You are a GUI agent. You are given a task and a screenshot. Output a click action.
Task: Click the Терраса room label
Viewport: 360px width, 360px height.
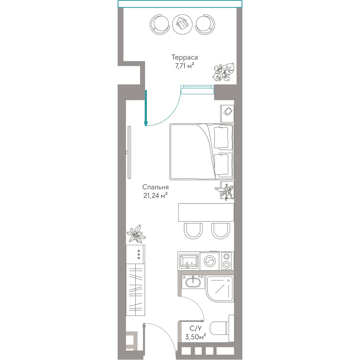point(184,57)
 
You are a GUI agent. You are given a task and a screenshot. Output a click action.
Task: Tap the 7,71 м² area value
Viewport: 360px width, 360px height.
point(185,66)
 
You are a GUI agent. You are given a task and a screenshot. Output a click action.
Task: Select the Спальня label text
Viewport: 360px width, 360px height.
point(156,187)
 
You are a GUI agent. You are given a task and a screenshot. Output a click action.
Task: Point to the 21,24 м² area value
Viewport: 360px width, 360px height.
point(156,195)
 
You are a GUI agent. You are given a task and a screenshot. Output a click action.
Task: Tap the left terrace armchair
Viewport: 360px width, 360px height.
point(160,24)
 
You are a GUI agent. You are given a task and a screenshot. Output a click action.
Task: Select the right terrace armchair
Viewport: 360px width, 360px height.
point(205,24)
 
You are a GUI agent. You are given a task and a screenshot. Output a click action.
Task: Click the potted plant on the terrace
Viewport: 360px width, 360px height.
point(224,72)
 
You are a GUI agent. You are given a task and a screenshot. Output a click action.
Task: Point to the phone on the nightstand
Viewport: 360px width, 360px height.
point(228,112)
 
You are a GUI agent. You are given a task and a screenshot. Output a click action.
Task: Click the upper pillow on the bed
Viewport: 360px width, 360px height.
point(221,137)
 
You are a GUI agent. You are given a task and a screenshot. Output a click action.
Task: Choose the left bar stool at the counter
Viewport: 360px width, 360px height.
point(193,231)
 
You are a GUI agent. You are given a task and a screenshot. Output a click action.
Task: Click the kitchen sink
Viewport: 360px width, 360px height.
point(189,261)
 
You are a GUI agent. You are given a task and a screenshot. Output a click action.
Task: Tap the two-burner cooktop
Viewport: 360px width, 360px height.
point(226,261)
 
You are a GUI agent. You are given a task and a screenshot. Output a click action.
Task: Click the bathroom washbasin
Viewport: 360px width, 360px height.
point(193,282)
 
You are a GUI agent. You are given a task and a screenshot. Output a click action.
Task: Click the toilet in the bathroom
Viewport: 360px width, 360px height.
point(221,329)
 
